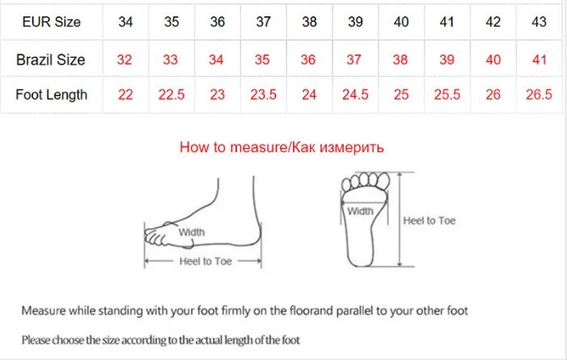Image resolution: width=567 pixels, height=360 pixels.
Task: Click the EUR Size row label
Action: (51, 22)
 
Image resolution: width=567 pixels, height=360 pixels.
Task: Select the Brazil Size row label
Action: (51, 60)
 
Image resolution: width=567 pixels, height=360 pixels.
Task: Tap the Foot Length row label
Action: (51, 95)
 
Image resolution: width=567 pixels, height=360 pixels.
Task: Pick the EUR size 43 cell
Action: (539, 22)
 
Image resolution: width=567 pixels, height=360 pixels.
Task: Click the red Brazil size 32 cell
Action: (125, 60)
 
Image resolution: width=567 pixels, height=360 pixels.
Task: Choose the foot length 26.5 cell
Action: (539, 95)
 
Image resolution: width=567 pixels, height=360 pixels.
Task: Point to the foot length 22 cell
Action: (125, 95)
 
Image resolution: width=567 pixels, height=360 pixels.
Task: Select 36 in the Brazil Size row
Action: (308, 60)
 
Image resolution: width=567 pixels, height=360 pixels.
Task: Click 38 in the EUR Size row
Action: (309, 22)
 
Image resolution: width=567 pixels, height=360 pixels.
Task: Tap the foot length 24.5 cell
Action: (355, 95)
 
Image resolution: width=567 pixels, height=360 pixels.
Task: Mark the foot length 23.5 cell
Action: (263, 95)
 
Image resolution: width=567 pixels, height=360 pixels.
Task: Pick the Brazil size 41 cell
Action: (539, 60)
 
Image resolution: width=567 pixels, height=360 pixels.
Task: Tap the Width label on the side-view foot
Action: (191, 232)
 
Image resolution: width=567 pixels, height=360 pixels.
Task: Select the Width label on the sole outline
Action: (360, 211)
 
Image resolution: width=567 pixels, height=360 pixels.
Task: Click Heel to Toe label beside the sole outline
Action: (429, 221)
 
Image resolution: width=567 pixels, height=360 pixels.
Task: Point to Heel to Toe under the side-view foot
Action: (205, 261)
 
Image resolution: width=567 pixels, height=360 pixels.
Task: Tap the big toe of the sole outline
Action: (383, 180)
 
